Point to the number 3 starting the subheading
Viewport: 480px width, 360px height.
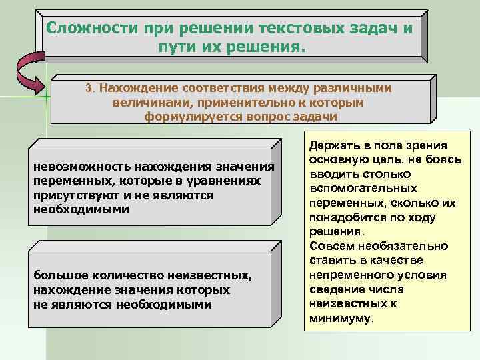[88, 88]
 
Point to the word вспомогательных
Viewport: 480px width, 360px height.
[363, 189]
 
